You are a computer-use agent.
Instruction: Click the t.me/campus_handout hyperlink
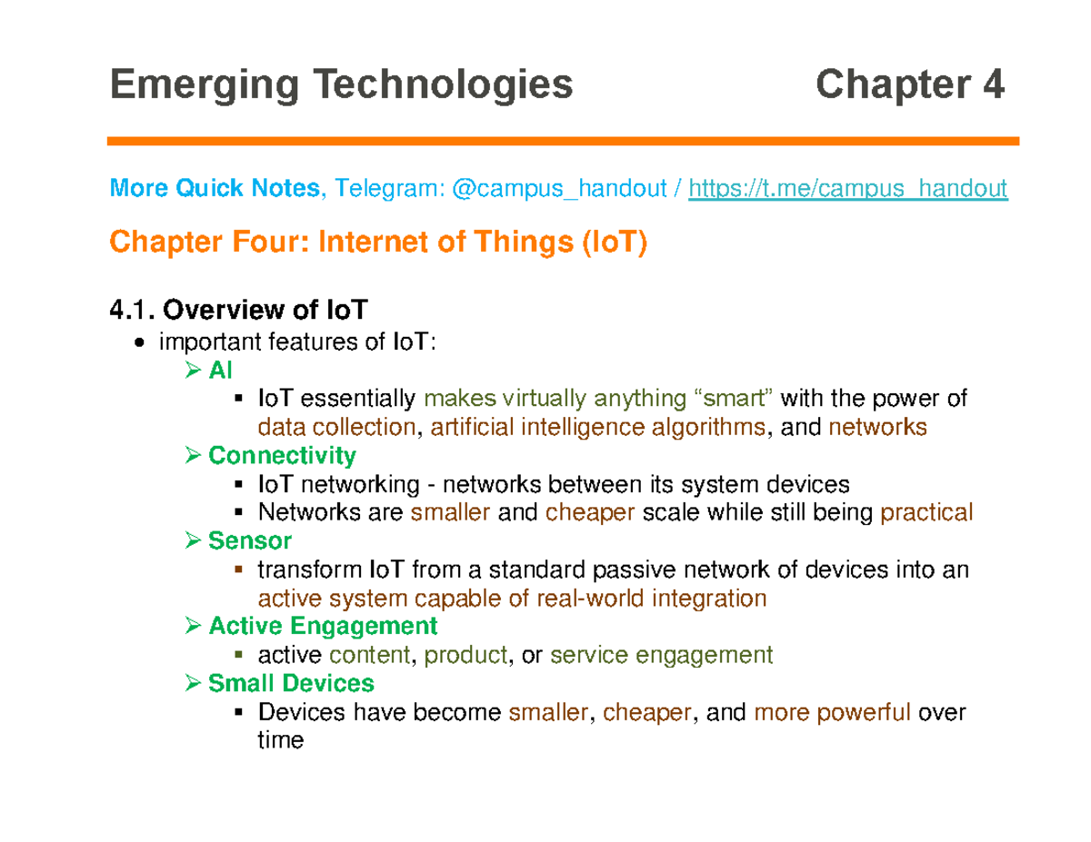click(x=847, y=189)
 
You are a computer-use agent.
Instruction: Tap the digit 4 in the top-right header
click(x=993, y=84)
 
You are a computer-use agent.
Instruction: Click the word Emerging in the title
click(x=205, y=85)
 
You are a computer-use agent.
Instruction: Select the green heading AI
click(x=220, y=370)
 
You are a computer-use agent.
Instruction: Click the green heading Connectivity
click(x=282, y=456)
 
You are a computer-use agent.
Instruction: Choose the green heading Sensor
click(x=250, y=540)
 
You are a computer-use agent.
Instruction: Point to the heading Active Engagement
click(x=324, y=626)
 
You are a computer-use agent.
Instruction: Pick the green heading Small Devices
click(x=291, y=683)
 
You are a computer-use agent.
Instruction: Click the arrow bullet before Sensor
click(x=193, y=540)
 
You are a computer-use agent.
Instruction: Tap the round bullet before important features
click(x=139, y=343)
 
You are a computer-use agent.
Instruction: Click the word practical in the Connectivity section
click(x=926, y=512)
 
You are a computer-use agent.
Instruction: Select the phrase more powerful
click(x=832, y=713)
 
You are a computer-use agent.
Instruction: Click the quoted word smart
click(x=733, y=399)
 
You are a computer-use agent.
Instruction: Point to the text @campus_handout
click(x=559, y=189)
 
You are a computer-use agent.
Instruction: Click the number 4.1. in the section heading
click(x=133, y=310)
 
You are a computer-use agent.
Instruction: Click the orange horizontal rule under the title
click(x=563, y=141)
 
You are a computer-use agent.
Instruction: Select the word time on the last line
click(x=281, y=740)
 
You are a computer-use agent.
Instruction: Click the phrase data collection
click(x=337, y=427)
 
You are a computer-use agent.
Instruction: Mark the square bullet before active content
click(x=238, y=655)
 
